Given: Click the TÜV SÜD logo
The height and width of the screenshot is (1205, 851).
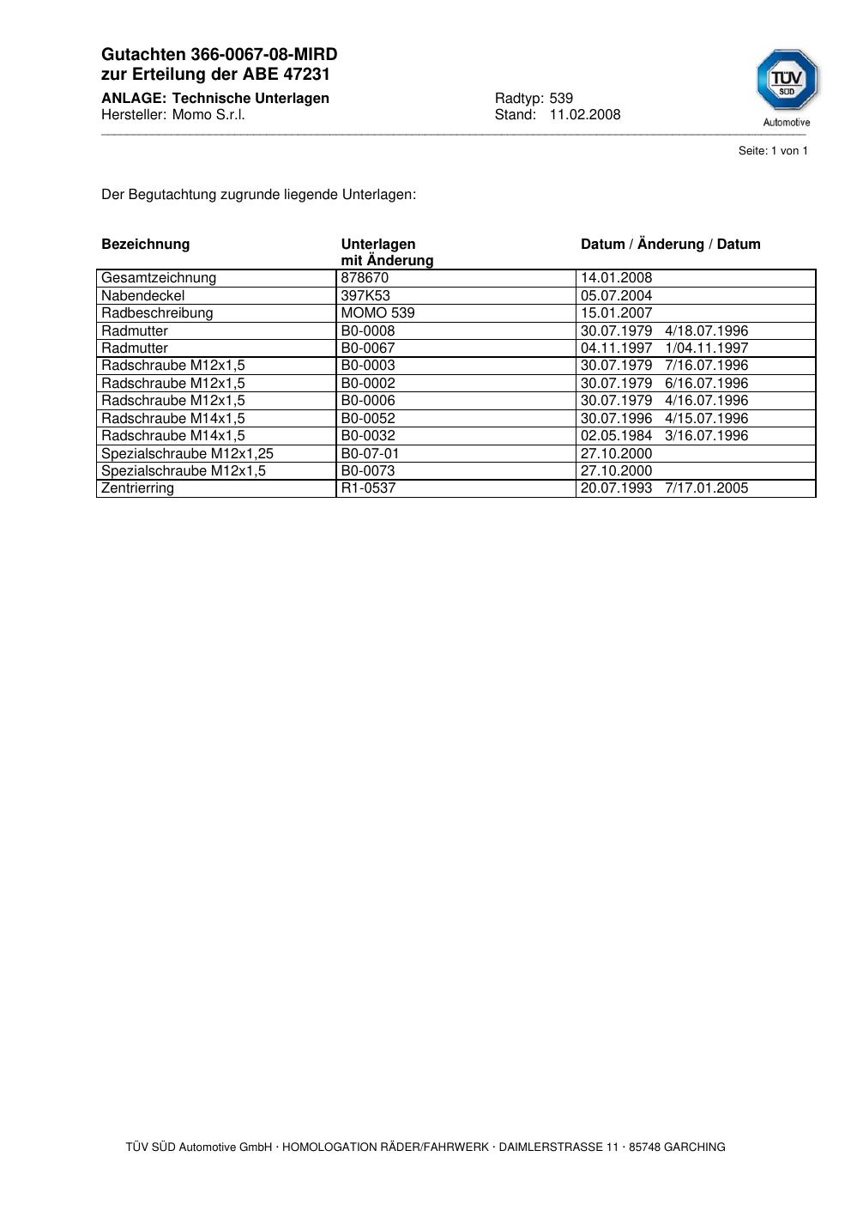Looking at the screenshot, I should (x=787, y=81).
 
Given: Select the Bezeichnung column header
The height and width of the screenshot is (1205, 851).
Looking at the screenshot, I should (x=145, y=245).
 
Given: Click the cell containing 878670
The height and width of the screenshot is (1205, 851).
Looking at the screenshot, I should (x=365, y=278).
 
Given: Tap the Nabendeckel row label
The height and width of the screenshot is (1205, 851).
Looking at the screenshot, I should (x=142, y=296).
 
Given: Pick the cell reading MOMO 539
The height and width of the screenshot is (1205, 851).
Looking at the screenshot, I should (x=377, y=313).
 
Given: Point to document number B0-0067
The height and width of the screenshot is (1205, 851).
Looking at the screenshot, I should (x=368, y=348).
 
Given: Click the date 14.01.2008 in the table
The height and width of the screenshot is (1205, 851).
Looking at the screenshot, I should (x=616, y=278).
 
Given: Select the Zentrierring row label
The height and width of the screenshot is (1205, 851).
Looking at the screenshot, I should (x=137, y=488).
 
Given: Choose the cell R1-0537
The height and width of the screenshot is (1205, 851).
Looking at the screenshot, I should (x=368, y=488).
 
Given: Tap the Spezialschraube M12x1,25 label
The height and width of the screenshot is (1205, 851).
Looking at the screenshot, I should (x=187, y=454).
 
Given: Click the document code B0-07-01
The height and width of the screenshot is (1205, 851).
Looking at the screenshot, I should (x=370, y=454).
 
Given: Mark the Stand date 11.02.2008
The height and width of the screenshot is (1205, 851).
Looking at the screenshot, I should (x=585, y=115).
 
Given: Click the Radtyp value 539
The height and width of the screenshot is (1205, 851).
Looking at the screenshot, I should (x=561, y=99).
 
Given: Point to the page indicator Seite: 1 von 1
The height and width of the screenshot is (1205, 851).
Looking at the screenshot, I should (x=773, y=151).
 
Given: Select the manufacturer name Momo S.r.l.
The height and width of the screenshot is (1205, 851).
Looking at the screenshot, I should (x=208, y=115).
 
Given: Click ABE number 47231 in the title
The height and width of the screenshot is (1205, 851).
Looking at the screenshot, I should (x=306, y=75).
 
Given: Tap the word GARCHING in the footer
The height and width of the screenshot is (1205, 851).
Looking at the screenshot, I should (x=694, y=1147).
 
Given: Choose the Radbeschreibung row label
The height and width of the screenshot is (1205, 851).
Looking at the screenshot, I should (x=157, y=313).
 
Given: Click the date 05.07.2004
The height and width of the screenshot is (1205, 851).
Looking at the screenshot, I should (x=616, y=296).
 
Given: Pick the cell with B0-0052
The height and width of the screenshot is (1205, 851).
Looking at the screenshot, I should (x=368, y=419).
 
